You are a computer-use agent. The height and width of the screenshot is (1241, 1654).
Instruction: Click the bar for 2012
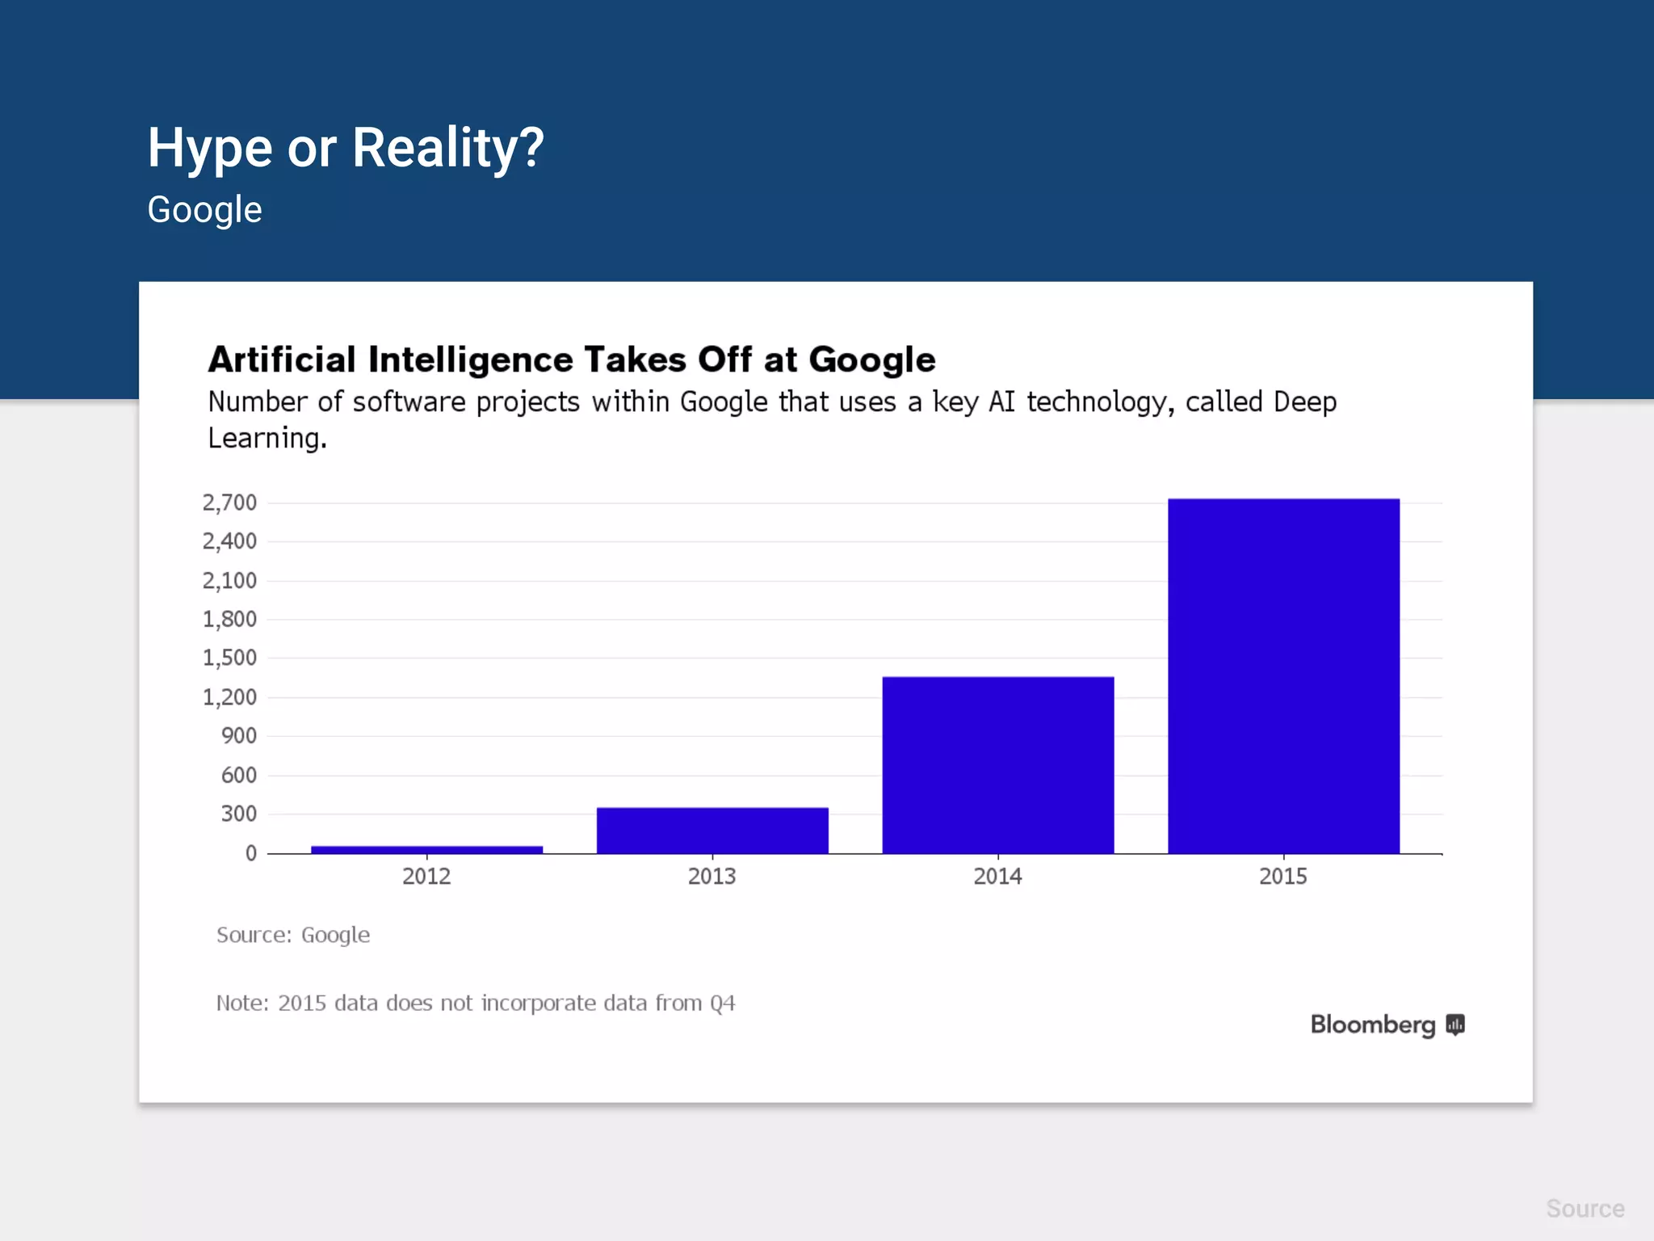(x=426, y=849)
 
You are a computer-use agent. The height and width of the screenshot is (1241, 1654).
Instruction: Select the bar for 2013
(x=712, y=830)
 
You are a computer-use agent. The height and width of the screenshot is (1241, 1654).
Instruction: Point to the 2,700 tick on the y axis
(x=229, y=503)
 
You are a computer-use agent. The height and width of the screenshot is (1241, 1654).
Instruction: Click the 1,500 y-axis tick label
(x=229, y=658)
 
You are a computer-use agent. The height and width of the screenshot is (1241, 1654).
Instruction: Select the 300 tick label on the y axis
(x=238, y=814)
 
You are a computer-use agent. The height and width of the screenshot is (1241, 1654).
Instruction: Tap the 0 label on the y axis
(x=251, y=853)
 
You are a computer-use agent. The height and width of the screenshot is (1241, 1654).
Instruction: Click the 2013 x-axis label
(x=712, y=877)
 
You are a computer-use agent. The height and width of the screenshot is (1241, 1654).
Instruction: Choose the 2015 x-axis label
(x=1283, y=877)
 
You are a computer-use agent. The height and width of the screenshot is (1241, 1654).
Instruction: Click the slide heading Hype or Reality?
(x=346, y=148)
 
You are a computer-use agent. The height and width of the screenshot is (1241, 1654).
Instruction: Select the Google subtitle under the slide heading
(x=204, y=210)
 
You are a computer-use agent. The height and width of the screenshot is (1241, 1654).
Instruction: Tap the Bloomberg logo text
(x=1372, y=1024)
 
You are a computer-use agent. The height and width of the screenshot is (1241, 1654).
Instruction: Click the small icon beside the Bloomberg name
(x=1455, y=1024)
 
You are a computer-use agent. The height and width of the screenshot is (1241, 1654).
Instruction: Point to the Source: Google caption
(x=293, y=935)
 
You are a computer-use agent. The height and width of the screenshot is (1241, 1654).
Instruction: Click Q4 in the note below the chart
(x=722, y=1003)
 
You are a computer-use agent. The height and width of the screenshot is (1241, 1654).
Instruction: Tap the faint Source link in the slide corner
(x=1585, y=1209)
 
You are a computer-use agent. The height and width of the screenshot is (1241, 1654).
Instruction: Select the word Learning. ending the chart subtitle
(x=267, y=439)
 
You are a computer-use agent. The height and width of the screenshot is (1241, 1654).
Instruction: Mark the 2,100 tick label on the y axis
(x=229, y=580)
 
